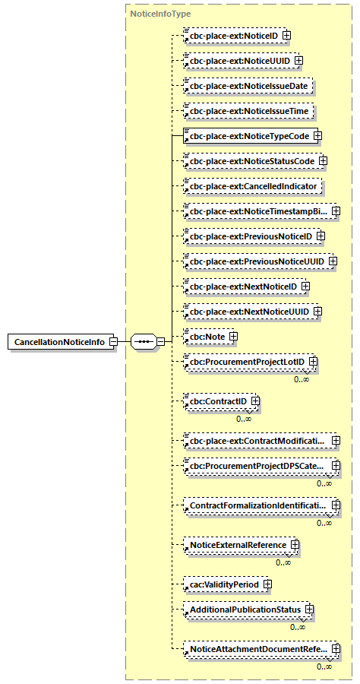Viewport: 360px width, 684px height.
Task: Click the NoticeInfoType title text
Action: pos(160,14)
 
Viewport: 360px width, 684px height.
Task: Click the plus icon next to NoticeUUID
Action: pos(298,60)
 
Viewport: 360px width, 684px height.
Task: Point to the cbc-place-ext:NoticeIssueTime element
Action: pos(248,111)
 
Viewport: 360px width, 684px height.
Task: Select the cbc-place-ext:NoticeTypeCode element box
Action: pos(249,136)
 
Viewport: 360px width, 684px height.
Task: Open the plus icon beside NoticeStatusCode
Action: pos(323,161)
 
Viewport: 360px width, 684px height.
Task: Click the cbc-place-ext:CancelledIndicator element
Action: pos(254,185)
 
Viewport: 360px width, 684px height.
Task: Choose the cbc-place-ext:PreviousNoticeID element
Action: pos(250,236)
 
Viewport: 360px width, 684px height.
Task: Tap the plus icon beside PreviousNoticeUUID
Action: pos(332,261)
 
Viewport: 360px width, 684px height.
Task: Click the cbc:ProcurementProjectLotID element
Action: pos(247,362)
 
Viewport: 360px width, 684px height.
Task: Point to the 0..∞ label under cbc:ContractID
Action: pos(244,419)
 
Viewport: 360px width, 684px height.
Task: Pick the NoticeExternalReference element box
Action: pos(238,545)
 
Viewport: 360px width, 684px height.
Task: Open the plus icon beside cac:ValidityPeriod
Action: pos(267,584)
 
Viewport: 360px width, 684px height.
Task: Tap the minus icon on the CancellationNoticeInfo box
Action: pos(113,342)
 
